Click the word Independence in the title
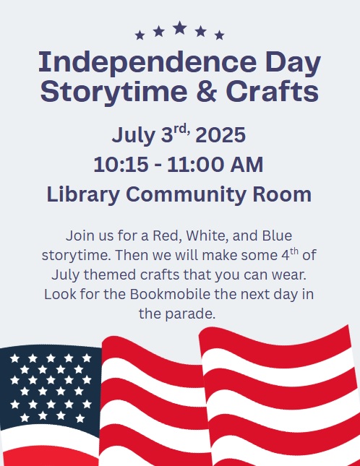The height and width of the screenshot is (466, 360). [147, 63]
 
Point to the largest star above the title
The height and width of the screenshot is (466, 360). [180, 28]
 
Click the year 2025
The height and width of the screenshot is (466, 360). [220, 135]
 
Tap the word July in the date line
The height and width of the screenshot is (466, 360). [134, 136]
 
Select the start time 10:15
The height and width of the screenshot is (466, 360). [121, 164]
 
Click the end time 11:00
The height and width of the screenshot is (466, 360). [194, 164]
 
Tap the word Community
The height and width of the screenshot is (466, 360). [186, 195]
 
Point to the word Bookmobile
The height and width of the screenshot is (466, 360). [170, 294]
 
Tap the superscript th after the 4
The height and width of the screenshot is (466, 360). [294, 251]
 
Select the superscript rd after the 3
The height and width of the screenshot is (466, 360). [181, 129]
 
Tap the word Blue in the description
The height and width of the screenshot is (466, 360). [277, 236]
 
